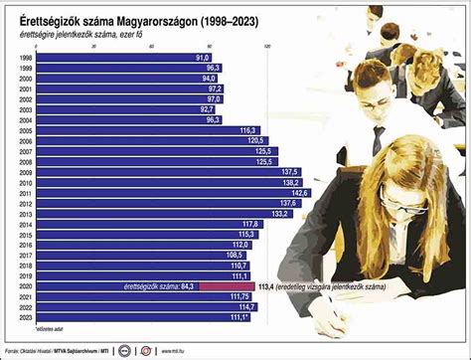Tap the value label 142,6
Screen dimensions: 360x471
pyautogui.click(x=299, y=193)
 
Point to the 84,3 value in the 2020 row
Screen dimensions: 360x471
pyautogui.click(x=187, y=286)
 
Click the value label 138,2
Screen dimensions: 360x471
pyautogui.click(x=290, y=183)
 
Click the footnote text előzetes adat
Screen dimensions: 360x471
pyautogui.click(x=22, y=328)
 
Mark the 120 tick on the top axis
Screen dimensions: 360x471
pyautogui.click(x=266, y=47)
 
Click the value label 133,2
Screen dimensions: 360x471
pyautogui.click(x=279, y=214)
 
